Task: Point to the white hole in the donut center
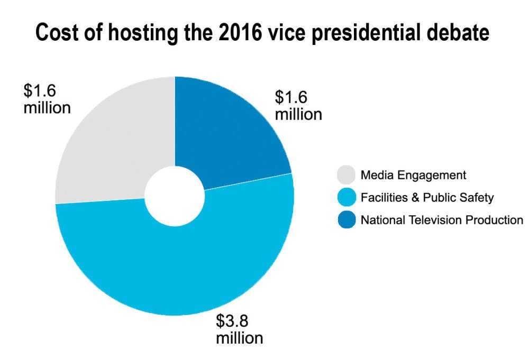point(175,196)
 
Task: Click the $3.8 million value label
point(239,329)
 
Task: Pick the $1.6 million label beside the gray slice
point(47,99)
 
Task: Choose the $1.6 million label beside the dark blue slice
point(298,106)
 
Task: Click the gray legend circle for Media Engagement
point(346,175)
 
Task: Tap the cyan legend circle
point(346,198)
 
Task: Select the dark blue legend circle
point(346,220)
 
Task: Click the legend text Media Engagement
point(406,175)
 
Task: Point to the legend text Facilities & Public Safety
point(427,198)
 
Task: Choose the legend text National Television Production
point(442,220)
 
